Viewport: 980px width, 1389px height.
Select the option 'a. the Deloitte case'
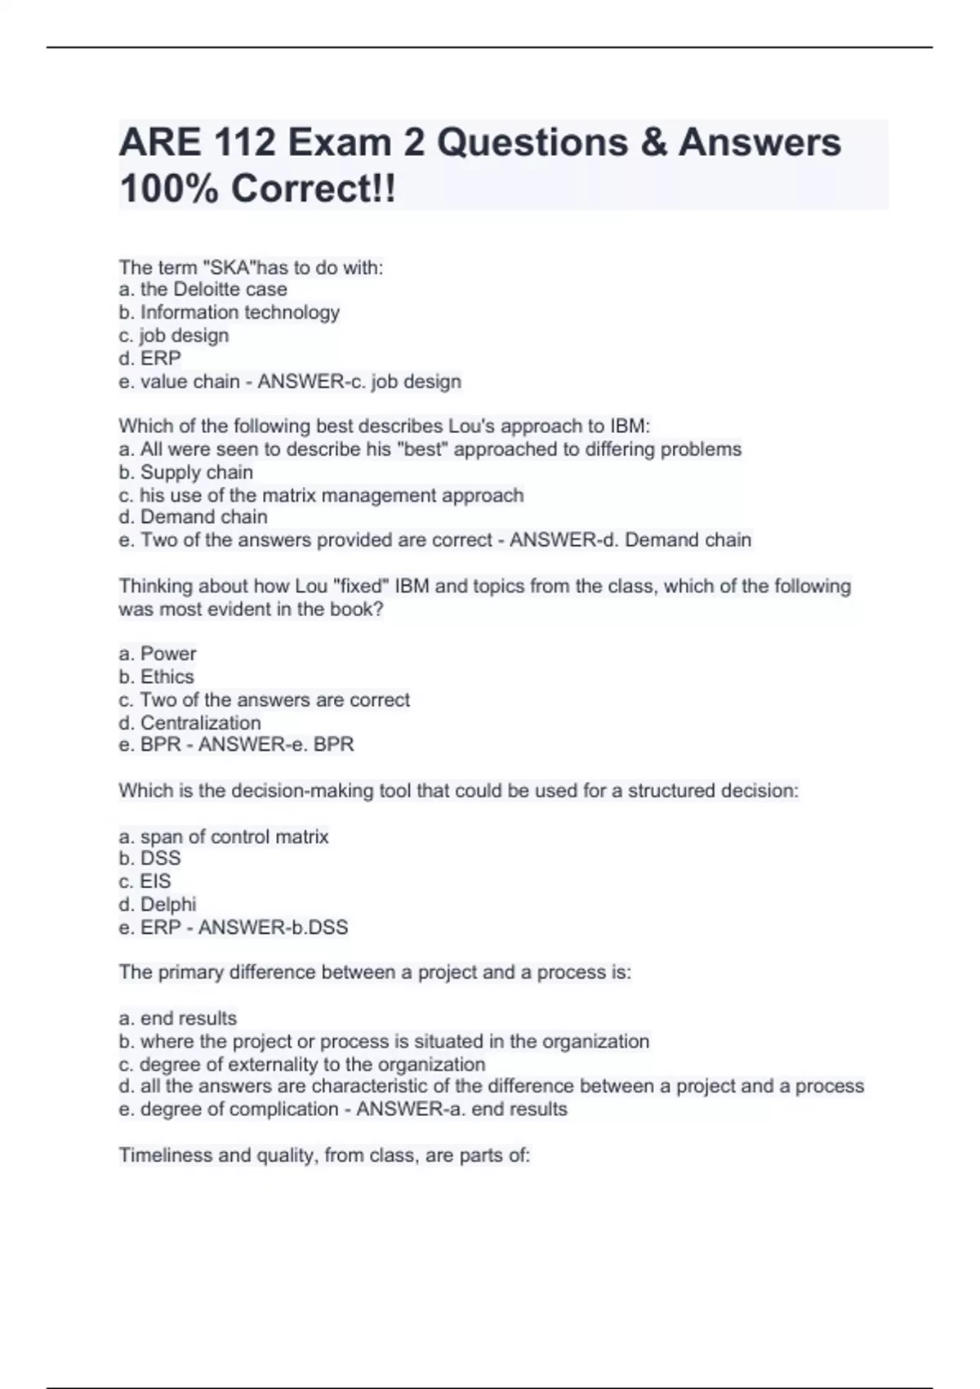[x=203, y=289]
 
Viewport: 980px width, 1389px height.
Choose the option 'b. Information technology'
[x=229, y=312]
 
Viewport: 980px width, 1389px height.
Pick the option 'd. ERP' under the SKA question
[x=150, y=358]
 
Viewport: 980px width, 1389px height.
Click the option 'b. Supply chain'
[x=185, y=472]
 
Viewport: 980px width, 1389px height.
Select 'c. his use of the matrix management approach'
[x=321, y=495]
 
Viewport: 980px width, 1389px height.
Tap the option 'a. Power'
[x=158, y=654]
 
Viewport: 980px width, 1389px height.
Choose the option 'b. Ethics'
[x=156, y=677]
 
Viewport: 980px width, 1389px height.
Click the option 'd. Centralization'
[x=189, y=723]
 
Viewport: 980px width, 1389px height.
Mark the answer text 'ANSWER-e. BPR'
[x=276, y=745]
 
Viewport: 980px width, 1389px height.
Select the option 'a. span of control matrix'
[x=224, y=837]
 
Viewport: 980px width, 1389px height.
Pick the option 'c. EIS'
[x=145, y=882]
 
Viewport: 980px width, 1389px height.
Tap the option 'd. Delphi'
[x=158, y=904]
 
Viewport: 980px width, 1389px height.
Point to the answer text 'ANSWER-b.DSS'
[x=273, y=927]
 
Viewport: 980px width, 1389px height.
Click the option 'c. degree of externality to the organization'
[x=302, y=1065]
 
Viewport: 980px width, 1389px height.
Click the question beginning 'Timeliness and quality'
[x=324, y=1155]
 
